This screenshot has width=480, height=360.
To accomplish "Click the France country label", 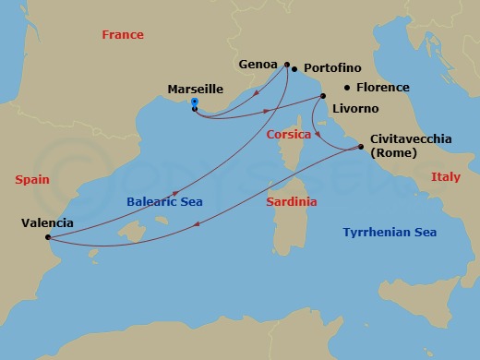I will [122, 35].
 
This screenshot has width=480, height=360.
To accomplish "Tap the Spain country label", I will [31, 180].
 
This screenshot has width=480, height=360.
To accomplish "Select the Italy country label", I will [446, 176].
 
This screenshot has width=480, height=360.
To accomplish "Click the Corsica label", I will [288, 135].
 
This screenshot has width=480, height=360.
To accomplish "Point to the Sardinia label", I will [291, 201].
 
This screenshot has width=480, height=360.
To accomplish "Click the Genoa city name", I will [258, 65].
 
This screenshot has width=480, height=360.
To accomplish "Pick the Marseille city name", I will [195, 90].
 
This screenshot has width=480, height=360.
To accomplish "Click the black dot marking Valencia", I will [47, 236].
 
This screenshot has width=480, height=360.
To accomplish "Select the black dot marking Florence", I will [347, 88].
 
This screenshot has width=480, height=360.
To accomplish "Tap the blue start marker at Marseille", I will [194, 102].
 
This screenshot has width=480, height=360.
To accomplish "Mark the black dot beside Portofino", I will [294, 69].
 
